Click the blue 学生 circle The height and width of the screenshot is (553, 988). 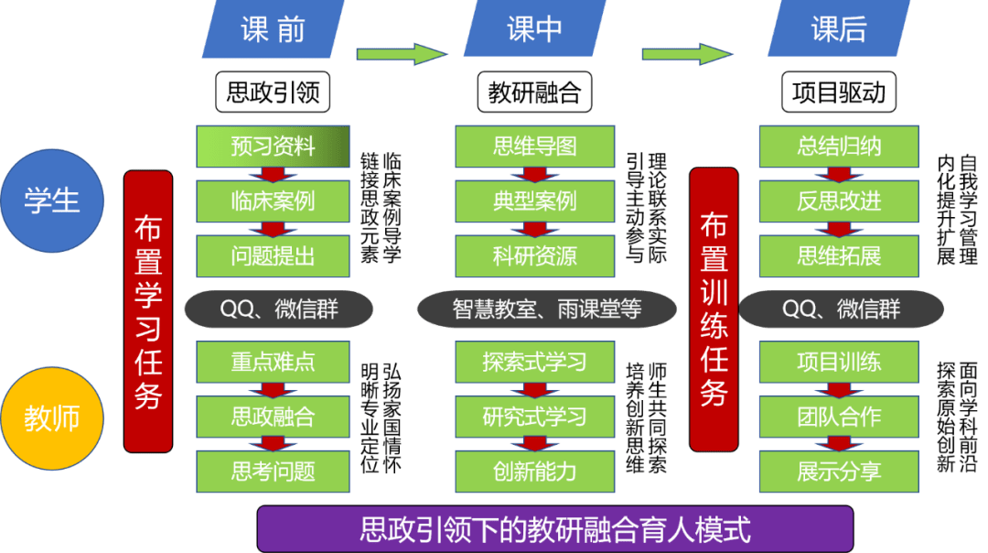click(52, 201)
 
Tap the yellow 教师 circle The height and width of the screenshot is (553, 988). click(52, 418)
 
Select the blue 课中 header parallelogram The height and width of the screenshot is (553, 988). click(534, 28)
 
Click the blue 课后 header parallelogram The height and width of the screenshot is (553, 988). click(839, 28)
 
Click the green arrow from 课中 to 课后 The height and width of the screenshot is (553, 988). click(687, 54)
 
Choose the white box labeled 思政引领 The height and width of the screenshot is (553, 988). click(273, 92)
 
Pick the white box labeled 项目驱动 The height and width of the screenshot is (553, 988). click(839, 92)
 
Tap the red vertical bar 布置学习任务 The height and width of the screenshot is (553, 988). click(148, 311)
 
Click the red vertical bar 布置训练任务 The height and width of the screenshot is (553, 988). click(714, 309)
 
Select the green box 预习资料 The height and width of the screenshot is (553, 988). click(273, 146)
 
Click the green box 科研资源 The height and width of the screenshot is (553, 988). click(535, 256)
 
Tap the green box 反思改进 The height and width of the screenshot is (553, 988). click(839, 201)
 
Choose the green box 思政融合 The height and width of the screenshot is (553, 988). click(273, 417)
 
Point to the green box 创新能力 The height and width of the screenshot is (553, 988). click(535, 471)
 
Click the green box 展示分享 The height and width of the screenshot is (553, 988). click(839, 471)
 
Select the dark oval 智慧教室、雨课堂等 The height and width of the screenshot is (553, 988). click(547, 309)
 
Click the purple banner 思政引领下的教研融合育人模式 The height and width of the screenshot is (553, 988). click(555, 529)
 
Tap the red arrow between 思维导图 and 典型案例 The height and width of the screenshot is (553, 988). click(534, 175)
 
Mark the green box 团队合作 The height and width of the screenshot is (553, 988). click(839, 417)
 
